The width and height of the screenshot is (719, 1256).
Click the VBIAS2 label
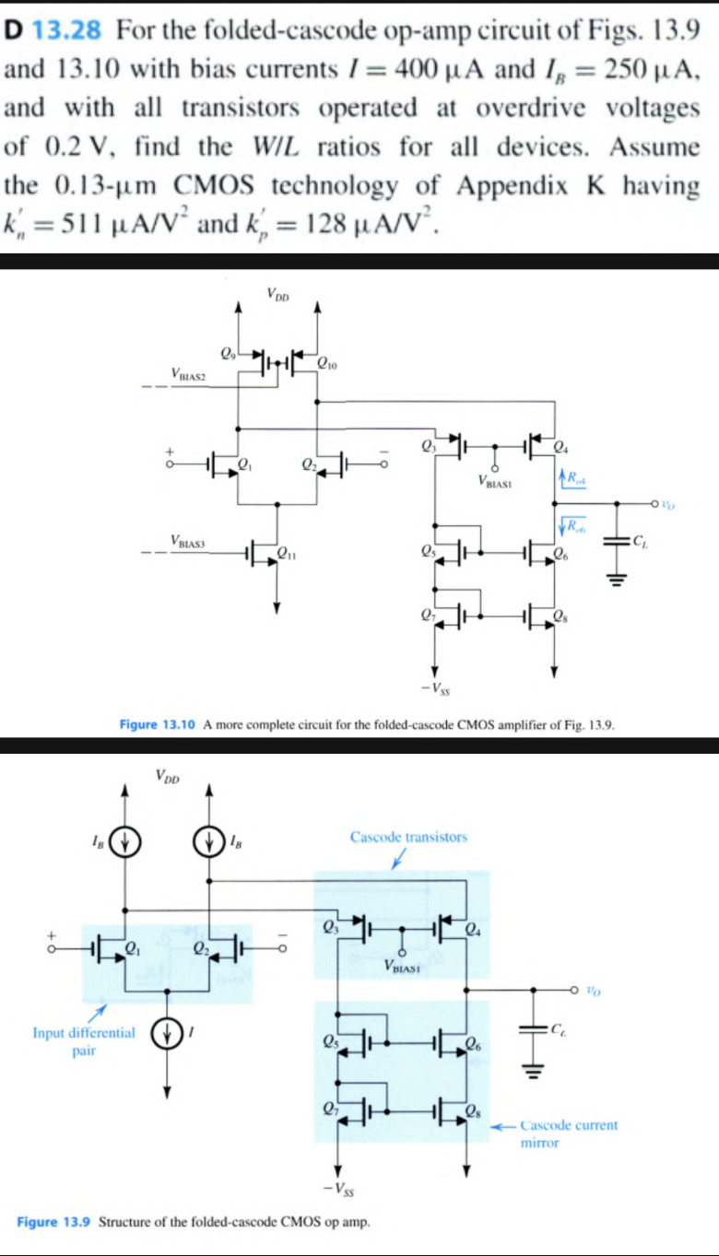click(189, 374)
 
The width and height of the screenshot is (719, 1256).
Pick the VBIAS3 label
click(189, 539)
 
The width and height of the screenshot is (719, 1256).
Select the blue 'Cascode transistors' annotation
click(408, 837)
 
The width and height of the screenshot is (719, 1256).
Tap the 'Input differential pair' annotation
click(84, 1041)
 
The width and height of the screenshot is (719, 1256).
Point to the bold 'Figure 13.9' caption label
click(54, 1223)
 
